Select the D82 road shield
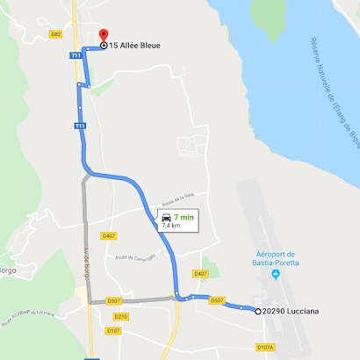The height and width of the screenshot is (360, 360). pos(56,34)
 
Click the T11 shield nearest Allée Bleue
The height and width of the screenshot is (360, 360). pos(76,54)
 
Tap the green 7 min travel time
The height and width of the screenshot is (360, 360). pos(184,216)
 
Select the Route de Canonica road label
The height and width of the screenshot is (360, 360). pos(135,256)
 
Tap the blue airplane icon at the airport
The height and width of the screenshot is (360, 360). pos(276,274)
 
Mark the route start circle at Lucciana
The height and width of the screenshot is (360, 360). pos(258,312)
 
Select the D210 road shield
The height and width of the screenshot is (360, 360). pos(120,316)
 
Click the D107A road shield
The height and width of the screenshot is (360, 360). pos(265,347)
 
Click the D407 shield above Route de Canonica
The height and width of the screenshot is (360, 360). pos(109,235)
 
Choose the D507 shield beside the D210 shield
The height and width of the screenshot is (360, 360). pos(114,301)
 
